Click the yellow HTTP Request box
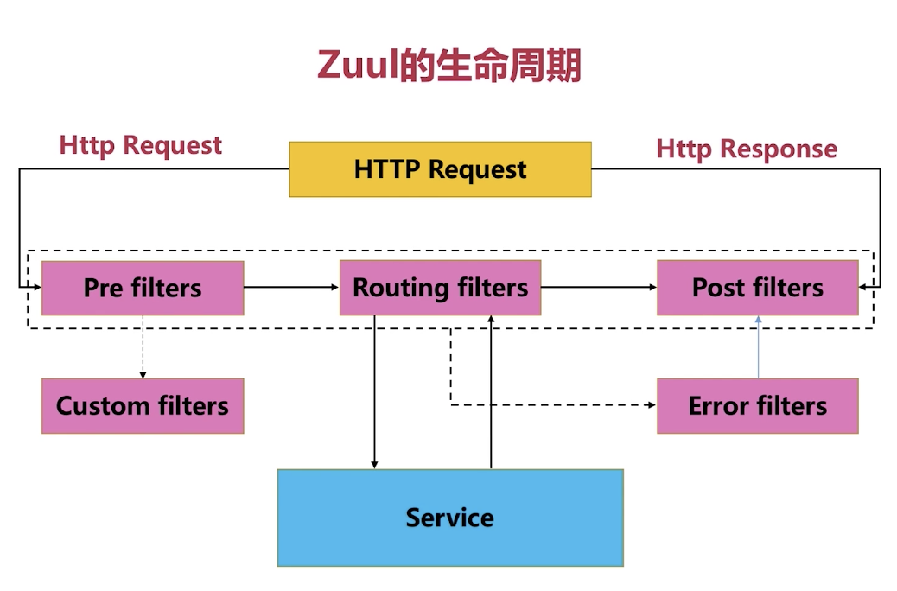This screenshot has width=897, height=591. (x=440, y=169)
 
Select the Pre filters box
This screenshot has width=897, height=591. (x=143, y=288)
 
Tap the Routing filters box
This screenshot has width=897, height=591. (x=440, y=288)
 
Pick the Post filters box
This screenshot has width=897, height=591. (x=757, y=288)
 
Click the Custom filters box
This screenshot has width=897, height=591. (x=143, y=405)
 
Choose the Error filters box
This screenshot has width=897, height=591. (x=757, y=405)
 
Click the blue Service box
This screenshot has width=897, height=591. (x=450, y=518)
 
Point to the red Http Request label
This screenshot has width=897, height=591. (x=141, y=146)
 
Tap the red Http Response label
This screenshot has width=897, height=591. (x=747, y=149)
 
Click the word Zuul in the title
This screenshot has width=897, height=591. (x=357, y=65)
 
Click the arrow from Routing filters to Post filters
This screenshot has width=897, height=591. (x=599, y=287)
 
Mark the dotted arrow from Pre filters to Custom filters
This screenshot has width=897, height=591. (x=143, y=346)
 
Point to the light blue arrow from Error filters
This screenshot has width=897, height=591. (x=759, y=346)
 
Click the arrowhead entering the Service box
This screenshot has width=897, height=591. (x=374, y=465)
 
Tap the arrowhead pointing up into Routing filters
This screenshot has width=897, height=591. (x=491, y=319)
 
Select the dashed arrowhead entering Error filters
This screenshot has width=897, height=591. (x=652, y=405)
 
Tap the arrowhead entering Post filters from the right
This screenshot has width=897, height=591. (x=862, y=287)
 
